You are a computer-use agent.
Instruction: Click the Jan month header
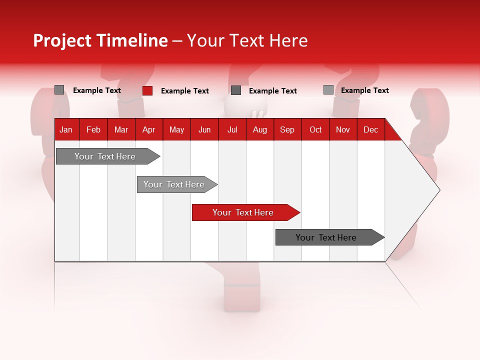tap(66, 129)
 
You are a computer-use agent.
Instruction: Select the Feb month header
tap(93, 129)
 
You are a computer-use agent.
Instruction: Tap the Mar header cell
tap(121, 129)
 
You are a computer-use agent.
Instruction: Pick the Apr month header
tap(148, 129)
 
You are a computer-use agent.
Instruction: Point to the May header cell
tap(176, 129)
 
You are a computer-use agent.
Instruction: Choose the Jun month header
tap(204, 129)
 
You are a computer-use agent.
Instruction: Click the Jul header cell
tap(232, 129)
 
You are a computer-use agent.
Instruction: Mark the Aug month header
tap(259, 129)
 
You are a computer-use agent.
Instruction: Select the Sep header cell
tap(287, 129)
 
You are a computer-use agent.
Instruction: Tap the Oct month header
tap(315, 129)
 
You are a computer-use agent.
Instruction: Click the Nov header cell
tap(343, 129)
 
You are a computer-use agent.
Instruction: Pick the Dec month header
tap(370, 129)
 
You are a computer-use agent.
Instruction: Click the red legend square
tap(147, 90)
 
